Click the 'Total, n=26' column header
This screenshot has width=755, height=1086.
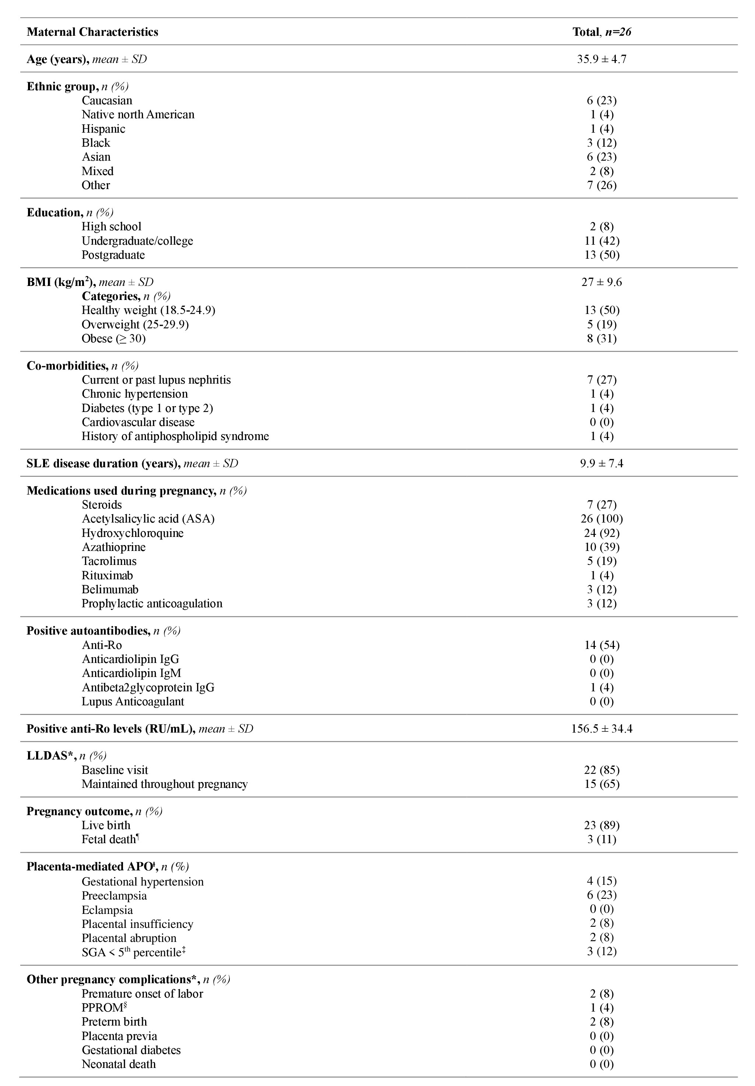point(601,32)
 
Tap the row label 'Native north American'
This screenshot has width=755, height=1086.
point(138,115)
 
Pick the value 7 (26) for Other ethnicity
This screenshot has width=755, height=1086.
point(601,185)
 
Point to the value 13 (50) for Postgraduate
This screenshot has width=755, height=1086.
point(601,255)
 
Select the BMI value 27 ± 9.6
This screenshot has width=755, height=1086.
point(601,282)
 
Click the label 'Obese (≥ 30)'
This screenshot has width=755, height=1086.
point(113,339)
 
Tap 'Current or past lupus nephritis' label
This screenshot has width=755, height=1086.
point(156,380)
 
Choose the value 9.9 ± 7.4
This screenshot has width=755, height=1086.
point(601,464)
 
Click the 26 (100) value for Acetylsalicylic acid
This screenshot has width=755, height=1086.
point(601,519)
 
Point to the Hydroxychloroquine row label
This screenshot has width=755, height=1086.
point(132,533)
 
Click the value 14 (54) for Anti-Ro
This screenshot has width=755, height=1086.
point(601,645)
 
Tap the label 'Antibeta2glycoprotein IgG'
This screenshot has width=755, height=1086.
point(148,687)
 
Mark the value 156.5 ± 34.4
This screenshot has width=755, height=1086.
point(601,729)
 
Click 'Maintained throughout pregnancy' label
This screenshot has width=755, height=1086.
point(165,784)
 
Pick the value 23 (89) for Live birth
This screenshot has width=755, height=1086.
point(601,825)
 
